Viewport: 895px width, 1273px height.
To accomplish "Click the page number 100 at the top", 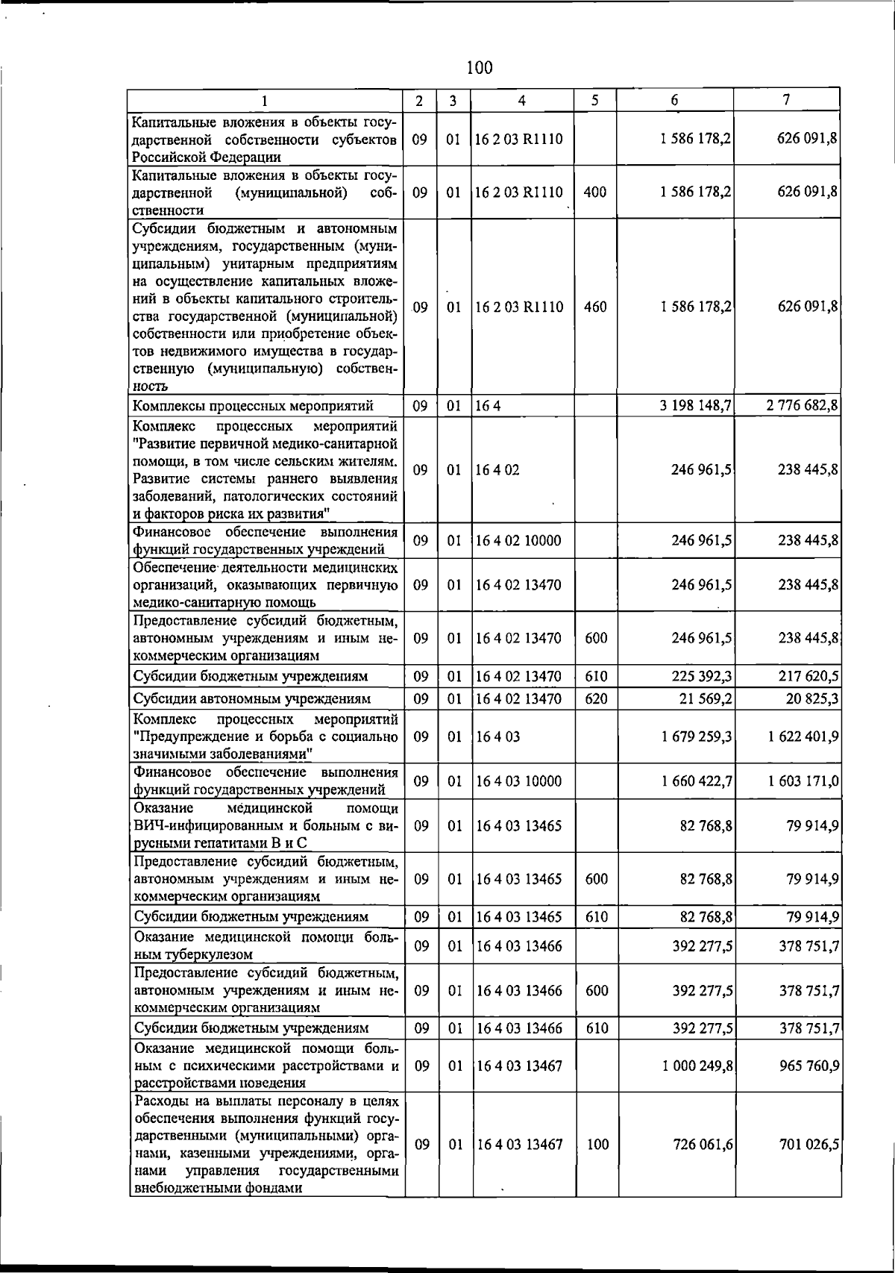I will pyautogui.click(x=479, y=68).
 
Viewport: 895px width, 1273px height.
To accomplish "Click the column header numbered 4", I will pyautogui.click(x=522, y=100).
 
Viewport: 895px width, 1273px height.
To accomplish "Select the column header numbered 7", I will pyautogui.click(x=786, y=99).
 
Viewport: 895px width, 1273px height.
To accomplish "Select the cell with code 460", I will pyautogui.click(x=594, y=307).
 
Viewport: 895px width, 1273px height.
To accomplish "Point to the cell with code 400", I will pyautogui.click(x=594, y=192).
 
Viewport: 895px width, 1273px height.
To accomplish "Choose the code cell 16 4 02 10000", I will pyautogui.click(x=518, y=540).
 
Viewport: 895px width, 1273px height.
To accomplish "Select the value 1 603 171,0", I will pyautogui.click(x=803, y=781).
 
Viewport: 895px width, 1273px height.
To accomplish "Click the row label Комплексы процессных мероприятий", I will pyautogui.click(x=253, y=406).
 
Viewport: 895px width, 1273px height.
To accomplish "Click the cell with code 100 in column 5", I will pyautogui.click(x=597, y=1145).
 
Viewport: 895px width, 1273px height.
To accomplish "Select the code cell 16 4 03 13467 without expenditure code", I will pyautogui.click(x=518, y=1066).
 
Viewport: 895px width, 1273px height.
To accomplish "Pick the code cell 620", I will pyautogui.click(x=596, y=698).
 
